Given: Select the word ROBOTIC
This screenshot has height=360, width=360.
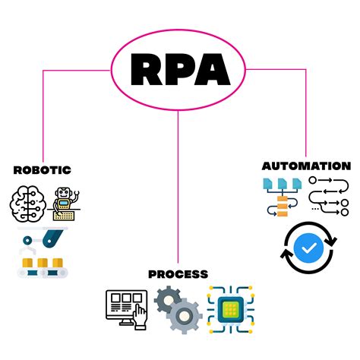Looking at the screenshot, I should click(x=42, y=171).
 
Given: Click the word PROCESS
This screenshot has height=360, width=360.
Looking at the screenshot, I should click(x=178, y=274).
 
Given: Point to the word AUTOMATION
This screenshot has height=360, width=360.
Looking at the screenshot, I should click(x=306, y=166).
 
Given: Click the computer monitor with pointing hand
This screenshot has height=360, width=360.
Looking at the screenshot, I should click(x=125, y=308).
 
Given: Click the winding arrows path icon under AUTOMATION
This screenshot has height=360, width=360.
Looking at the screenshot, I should click(x=329, y=197).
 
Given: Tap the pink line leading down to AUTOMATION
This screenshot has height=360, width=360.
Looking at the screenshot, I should click(x=306, y=114).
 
